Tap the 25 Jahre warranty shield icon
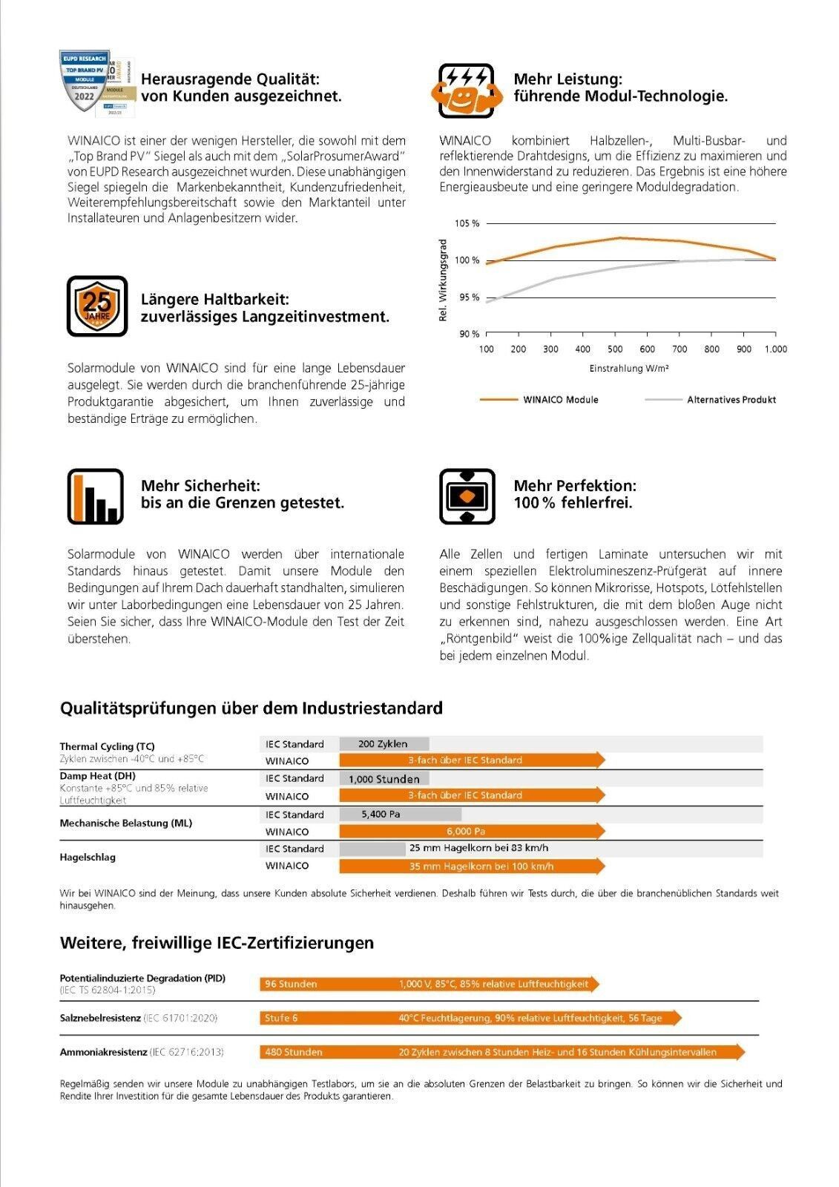(x=97, y=306)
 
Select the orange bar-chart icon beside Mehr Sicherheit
(x=96, y=496)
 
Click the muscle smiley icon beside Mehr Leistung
(x=467, y=91)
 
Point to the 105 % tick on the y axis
(x=467, y=223)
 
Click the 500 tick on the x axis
(x=615, y=349)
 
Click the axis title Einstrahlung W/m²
(x=629, y=369)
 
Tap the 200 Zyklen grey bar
(x=384, y=744)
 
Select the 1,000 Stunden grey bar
(x=384, y=779)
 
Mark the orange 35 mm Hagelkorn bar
(x=472, y=866)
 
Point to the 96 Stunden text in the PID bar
(x=291, y=984)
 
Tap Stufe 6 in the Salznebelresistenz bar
(x=281, y=1018)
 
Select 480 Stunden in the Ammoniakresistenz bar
(x=294, y=1052)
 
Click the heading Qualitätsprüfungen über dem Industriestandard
(x=251, y=708)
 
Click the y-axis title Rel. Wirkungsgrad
(x=444, y=280)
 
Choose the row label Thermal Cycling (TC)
(x=107, y=746)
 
